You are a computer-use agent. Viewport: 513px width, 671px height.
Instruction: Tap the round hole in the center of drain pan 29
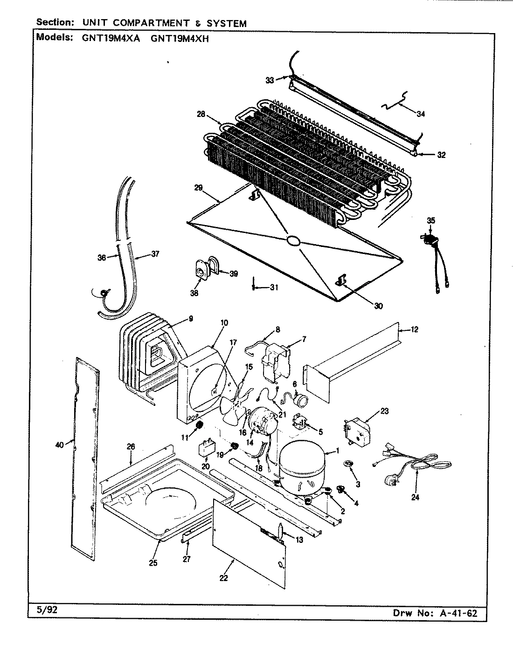pyautogui.click(x=294, y=240)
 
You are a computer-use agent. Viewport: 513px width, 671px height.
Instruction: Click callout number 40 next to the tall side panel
pyautogui.click(x=59, y=445)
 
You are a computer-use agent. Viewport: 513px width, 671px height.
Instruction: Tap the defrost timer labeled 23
pyautogui.click(x=357, y=431)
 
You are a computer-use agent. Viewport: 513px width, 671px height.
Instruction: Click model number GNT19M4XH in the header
pyautogui.click(x=180, y=39)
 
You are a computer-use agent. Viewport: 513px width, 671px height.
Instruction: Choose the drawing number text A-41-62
pyautogui.click(x=458, y=613)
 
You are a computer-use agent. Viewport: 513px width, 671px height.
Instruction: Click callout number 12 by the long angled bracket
pyautogui.click(x=414, y=329)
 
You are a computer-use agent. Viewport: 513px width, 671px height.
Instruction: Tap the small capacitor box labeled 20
pyautogui.click(x=207, y=450)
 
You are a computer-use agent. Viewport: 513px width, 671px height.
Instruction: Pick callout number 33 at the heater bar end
pyautogui.click(x=270, y=80)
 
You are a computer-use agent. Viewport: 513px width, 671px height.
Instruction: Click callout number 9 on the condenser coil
pyautogui.click(x=190, y=319)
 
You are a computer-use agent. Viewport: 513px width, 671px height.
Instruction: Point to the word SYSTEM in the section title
pyautogui.click(x=228, y=23)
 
